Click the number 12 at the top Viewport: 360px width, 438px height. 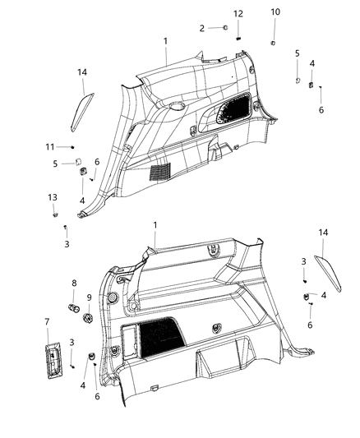pos(238,14)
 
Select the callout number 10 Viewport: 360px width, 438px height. pos(275,12)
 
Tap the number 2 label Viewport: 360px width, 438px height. pos(201,29)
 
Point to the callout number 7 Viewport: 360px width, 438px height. pos(47,321)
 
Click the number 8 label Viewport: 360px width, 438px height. pos(73,284)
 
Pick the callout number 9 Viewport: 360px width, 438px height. pos(90,297)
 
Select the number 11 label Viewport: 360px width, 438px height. pos(50,146)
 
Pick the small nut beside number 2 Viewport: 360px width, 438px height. pos(224,29)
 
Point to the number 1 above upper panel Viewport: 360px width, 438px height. pos(165,40)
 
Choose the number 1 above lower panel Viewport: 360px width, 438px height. pos(154,225)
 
